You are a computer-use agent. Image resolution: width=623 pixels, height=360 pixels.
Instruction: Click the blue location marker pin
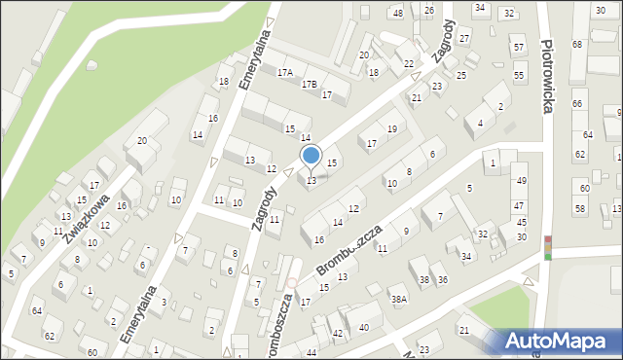click(x=311, y=156)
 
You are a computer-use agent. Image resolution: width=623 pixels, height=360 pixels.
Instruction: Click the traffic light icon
click(x=548, y=247)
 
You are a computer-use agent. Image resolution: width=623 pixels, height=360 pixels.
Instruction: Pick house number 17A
click(x=285, y=73)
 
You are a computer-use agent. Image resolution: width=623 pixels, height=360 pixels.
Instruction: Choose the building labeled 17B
click(x=310, y=85)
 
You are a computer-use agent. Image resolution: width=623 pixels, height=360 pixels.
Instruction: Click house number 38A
click(x=398, y=300)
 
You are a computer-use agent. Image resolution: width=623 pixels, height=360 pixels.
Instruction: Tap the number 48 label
click(x=397, y=13)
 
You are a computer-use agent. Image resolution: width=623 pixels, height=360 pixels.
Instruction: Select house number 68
click(x=577, y=45)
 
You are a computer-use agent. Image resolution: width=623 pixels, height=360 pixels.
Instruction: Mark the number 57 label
click(x=519, y=47)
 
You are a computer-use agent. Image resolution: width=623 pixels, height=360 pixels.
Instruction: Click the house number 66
click(x=577, y=103)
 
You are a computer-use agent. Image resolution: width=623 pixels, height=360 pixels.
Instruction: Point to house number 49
click(x=521, y=181)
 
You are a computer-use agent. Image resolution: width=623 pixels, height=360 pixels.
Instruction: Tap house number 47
click(x=520, y=205)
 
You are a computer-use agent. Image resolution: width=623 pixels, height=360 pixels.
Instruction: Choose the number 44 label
click(x=311, y=351)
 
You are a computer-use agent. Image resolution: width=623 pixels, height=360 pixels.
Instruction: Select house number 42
click(x=338, y=334)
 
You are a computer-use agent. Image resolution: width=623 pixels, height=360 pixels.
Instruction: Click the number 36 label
click(x=443, y=279)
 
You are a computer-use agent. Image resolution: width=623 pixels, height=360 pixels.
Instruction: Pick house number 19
click(x=392, y=128)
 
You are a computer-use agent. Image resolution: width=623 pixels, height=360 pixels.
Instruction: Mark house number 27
click(x=464, y=38)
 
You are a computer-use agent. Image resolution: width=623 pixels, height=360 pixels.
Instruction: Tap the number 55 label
click(x=519, y=76)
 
